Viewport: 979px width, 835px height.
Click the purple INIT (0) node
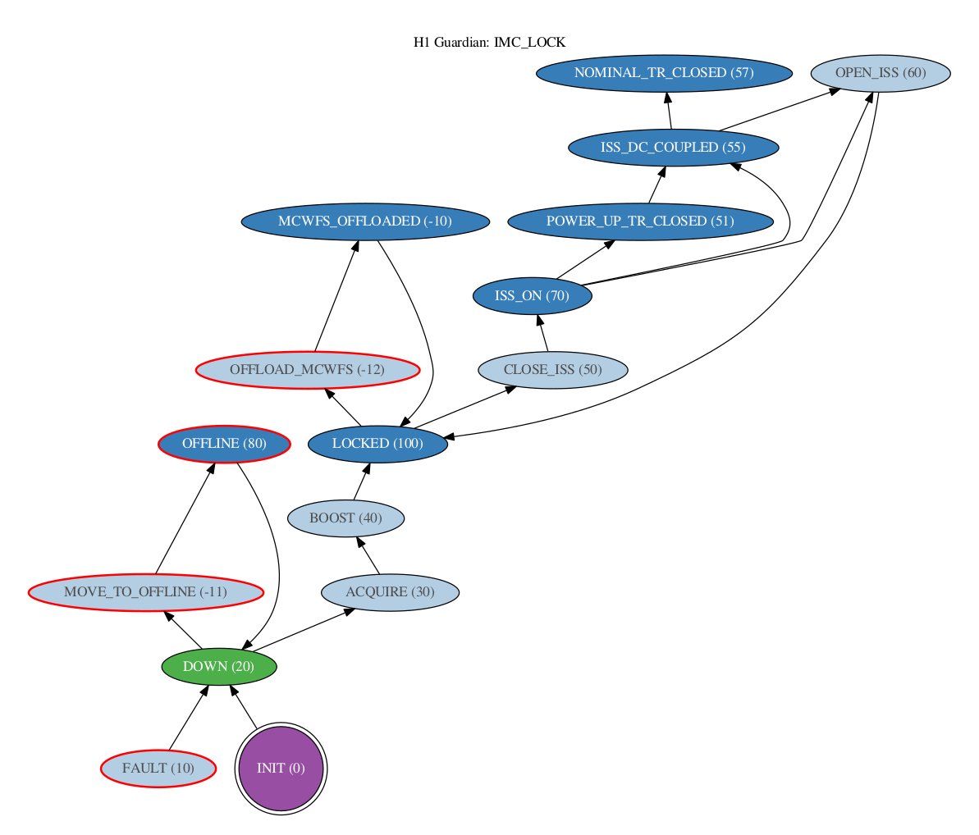(281, 769)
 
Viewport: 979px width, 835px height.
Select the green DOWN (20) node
(219, 667)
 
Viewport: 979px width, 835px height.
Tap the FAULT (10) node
(158, 769)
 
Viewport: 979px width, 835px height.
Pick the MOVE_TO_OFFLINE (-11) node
(146, 592)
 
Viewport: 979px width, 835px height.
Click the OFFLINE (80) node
(224, 444)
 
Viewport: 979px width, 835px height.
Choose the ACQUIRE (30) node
(391, 592)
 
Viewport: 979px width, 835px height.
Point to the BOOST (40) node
(346, 518)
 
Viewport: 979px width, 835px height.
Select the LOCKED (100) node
(377, 444)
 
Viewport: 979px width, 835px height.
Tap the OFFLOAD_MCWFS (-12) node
(308, 369)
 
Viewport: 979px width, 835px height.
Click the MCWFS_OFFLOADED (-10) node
(365, 221)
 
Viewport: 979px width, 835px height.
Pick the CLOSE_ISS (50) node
(553, 369)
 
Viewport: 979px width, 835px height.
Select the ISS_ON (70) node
(533, 296)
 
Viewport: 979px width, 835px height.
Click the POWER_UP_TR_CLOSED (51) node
(641, 221)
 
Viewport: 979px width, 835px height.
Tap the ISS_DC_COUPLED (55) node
(674, 148)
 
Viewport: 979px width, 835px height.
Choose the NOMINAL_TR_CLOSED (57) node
(665, 73)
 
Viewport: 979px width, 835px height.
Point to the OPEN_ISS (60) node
(881, 73)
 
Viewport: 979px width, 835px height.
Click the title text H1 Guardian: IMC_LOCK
(489, 43)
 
